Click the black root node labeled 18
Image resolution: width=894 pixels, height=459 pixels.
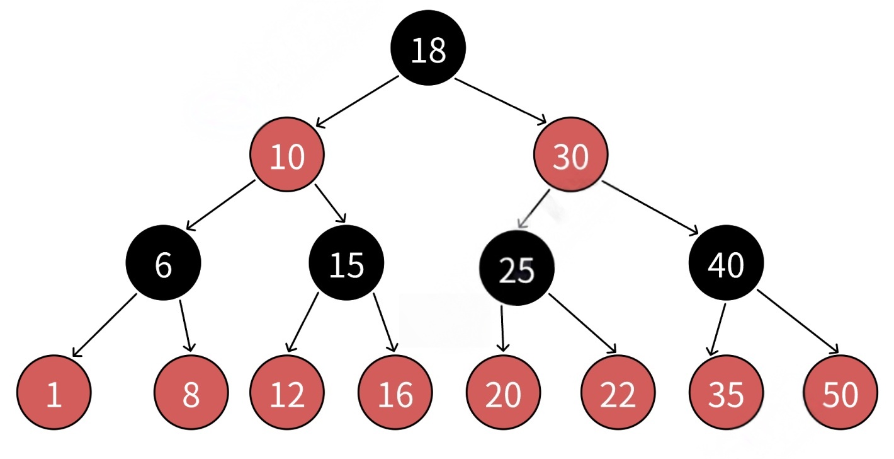click(x=428, y=49)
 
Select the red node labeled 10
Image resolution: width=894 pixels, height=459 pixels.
click(x=287, y=156)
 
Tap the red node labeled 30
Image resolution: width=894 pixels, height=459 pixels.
click(x=571, y=156)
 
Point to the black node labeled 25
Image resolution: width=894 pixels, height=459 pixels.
click(x=517, y=268)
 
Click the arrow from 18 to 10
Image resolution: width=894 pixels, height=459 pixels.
click(x=357, y=101)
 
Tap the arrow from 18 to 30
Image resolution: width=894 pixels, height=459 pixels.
click(x=501, y=101)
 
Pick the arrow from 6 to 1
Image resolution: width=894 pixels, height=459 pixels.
click(x=103, y=325)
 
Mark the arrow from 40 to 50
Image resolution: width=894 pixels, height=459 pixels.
click(x=798, y=322)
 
